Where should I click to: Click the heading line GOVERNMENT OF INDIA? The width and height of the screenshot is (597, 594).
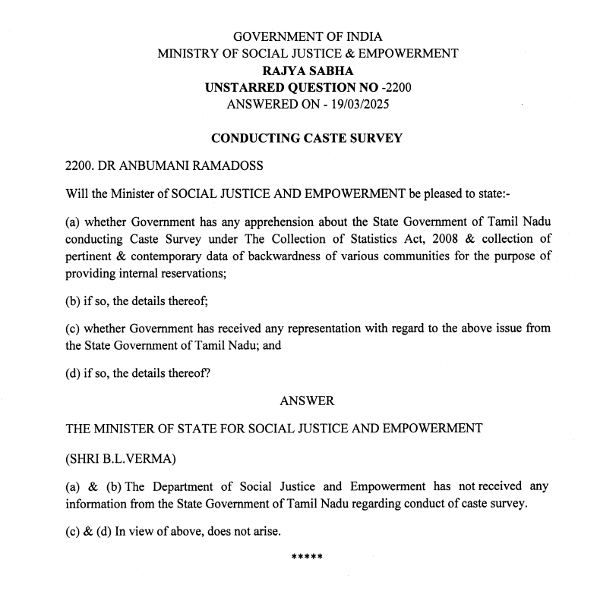coord(307,36)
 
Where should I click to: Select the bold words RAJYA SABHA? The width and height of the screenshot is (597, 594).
coord(307,71)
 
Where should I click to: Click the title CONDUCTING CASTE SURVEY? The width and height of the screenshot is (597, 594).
coord(307,138)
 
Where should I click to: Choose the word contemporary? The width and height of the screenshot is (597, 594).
coord(164,256)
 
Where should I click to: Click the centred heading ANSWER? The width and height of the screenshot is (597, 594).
coord(307,400)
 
